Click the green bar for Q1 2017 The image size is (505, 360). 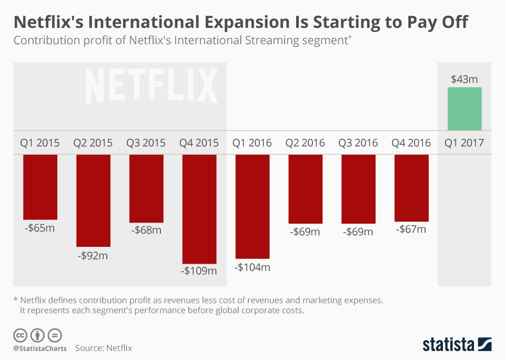tap(464, 108)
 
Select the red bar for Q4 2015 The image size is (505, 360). tap(199, 209)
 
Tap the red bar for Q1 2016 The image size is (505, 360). tap(252, 206)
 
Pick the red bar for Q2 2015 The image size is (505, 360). tap(93, 201)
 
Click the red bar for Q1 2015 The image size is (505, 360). tap(40, 187)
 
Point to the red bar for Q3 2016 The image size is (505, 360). tap(358, 189)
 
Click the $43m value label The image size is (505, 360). tap(464, 79)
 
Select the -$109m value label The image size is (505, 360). tap(199, 271)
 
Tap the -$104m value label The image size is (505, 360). tap(252, 267)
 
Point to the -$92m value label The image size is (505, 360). tap(93, 255)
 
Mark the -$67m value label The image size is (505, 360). tap(411, 229)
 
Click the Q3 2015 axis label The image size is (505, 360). tap(146, 143)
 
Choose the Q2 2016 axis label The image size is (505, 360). tap(305, 143)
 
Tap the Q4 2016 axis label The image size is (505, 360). tap(411, 143)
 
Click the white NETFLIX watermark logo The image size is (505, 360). tap(151, 85)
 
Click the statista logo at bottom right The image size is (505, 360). tap(457, 345)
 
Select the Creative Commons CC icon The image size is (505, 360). tap(21, 335)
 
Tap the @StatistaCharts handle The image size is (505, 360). tap(40, 348)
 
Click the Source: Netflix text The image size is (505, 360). tap(104, 348)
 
